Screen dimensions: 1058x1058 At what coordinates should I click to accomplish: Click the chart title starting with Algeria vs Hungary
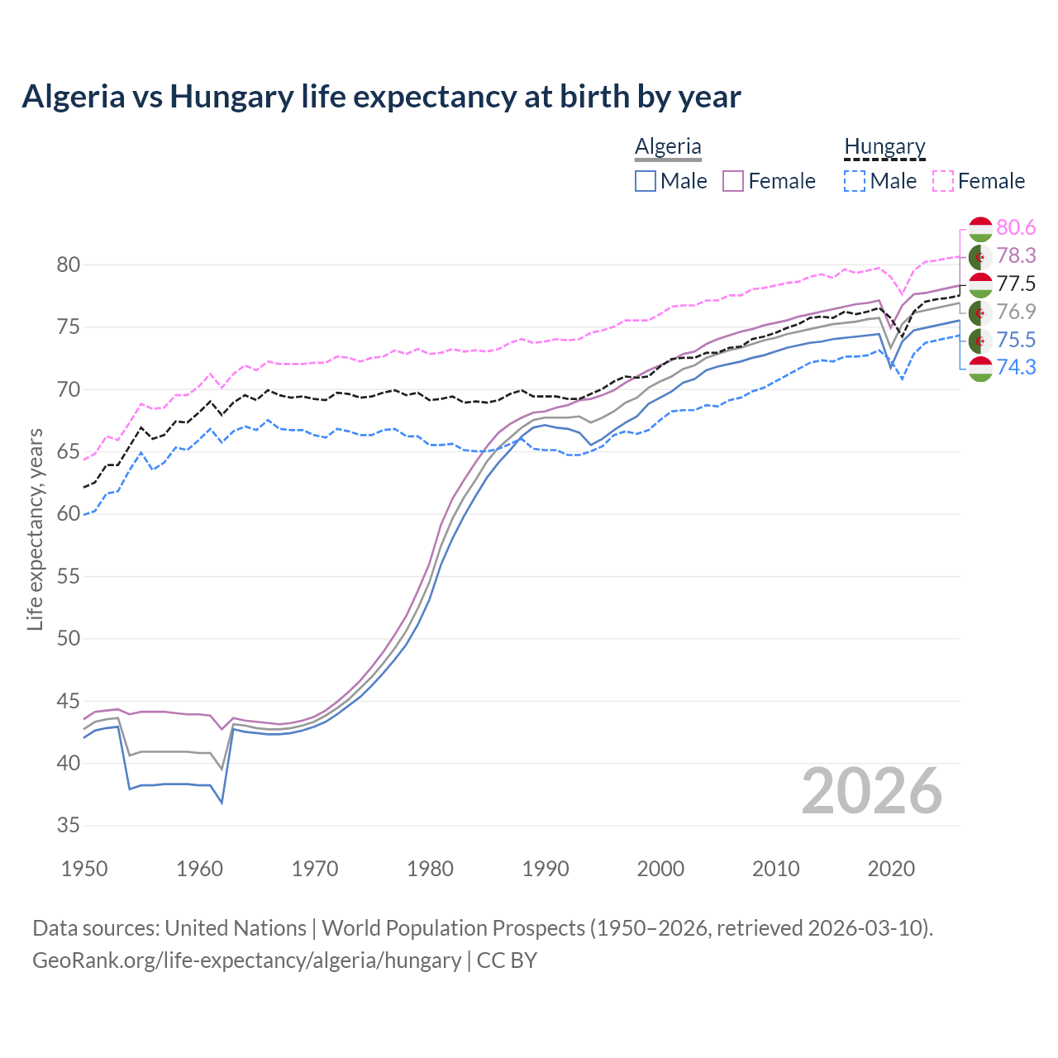point(381,97)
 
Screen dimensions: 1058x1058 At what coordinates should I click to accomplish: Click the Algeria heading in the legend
point(668,146)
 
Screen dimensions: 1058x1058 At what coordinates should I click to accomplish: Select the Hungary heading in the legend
point(884,146)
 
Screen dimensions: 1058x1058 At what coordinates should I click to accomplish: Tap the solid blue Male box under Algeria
point(646,181)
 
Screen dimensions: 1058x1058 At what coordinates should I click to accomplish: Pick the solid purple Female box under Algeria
point(734,181)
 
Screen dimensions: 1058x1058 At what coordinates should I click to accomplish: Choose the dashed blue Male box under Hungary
point(855,181)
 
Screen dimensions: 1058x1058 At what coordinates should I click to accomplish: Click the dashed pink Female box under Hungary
point(943,181)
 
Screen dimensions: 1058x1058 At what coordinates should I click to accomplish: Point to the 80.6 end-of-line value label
point(1016,227)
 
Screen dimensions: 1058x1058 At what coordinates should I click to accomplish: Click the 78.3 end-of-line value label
point(1016,255)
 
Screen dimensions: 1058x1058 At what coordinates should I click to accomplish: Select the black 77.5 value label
point(1016,284)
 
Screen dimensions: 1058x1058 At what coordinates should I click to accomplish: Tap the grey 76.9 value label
point(1016,312)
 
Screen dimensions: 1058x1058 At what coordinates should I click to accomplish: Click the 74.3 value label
point(1016,367)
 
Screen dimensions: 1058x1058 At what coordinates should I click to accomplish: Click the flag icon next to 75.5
point(980,340)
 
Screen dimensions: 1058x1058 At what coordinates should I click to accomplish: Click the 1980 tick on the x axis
point(430,869)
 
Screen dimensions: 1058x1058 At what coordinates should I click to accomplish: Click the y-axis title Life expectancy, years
point(35,529)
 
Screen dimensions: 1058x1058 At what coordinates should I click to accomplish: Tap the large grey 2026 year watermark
point(871,791)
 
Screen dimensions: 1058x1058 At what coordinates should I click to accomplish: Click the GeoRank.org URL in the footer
point(246,960)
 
